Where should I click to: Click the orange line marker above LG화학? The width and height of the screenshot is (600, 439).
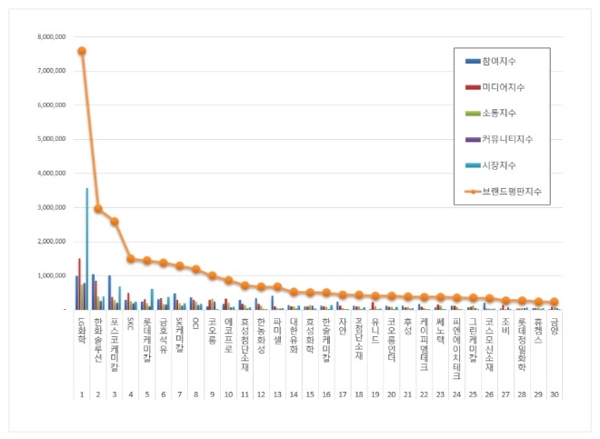coord(82,51)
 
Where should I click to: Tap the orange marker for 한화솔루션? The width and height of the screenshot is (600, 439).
coord(98,208)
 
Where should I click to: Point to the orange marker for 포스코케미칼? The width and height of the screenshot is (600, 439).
coord(115,221)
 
